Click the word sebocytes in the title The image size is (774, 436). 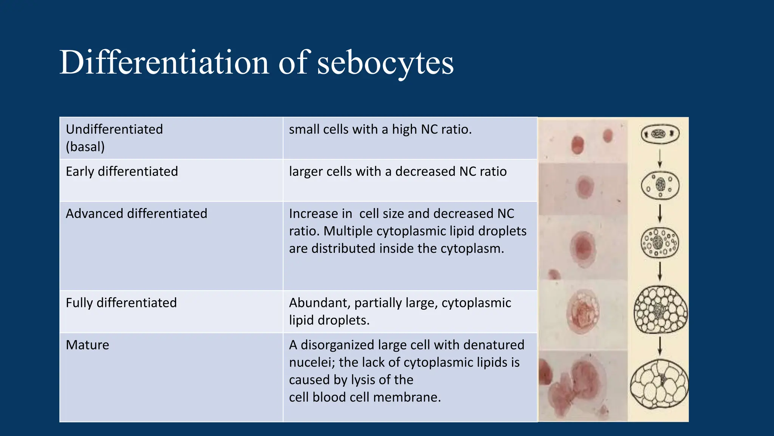(385, 63)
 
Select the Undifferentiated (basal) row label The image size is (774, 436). (114, 138)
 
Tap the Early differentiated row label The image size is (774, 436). (122, 171)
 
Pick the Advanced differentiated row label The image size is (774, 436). (136, 213)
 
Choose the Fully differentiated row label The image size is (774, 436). (121, 303)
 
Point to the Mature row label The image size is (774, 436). (87, 345)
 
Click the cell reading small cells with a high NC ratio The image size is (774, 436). (380, 129)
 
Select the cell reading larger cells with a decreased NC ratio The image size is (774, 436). (398, 171)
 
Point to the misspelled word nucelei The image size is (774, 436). (312, 362)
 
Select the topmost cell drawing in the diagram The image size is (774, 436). (660, 134)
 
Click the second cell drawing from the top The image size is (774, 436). (660, 185)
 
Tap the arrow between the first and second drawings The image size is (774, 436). (660, 159)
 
